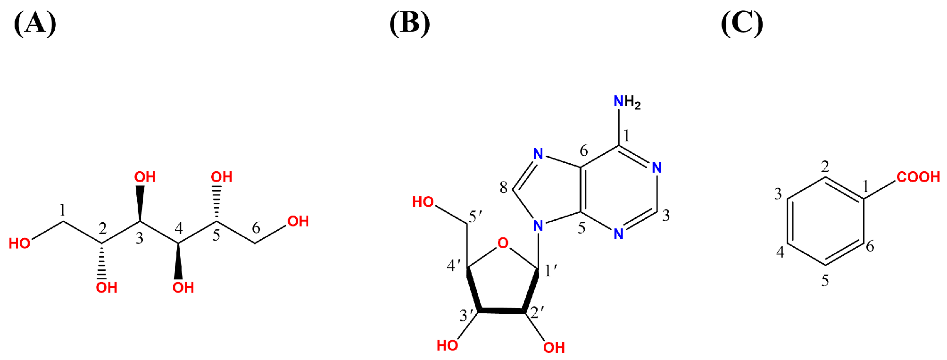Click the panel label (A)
pyautogui.click(x=35, y=23)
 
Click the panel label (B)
pyautogui.click(x=409, y=23)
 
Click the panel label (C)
pyautogui.click(x=742, y=23)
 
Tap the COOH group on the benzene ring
pyautogui.click(x=918, y=177)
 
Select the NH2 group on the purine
pyautogui.click(x=627, y=102)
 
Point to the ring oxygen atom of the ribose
pyautogui.click(x=503, y=243)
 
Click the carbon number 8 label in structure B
pyautogui.click(x=503, y=188)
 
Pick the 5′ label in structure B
pyautogui.click(x=475, y=217)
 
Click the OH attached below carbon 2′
pyautogui.click(x=554, y=348)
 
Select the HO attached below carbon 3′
pyautogui.click(x=447, y=346)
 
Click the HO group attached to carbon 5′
pyautogui.click(x=423, y=202)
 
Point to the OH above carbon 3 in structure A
pyautogui.click(x=145, y=177)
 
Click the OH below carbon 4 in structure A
pyautogui.click(x=183, y=288)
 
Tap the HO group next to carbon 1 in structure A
pyautogui.click(x=20, y=243)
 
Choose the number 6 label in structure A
pyautogui.click(x=256, y=228)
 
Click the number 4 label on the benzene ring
pyautogui.click(x=781, y=252)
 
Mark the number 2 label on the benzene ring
pyautogui.click(x=825, y=166)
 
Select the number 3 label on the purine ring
pyautogui.click(x=666, y=216)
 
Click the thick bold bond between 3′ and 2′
pyautogui.click(x=502, y=311)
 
